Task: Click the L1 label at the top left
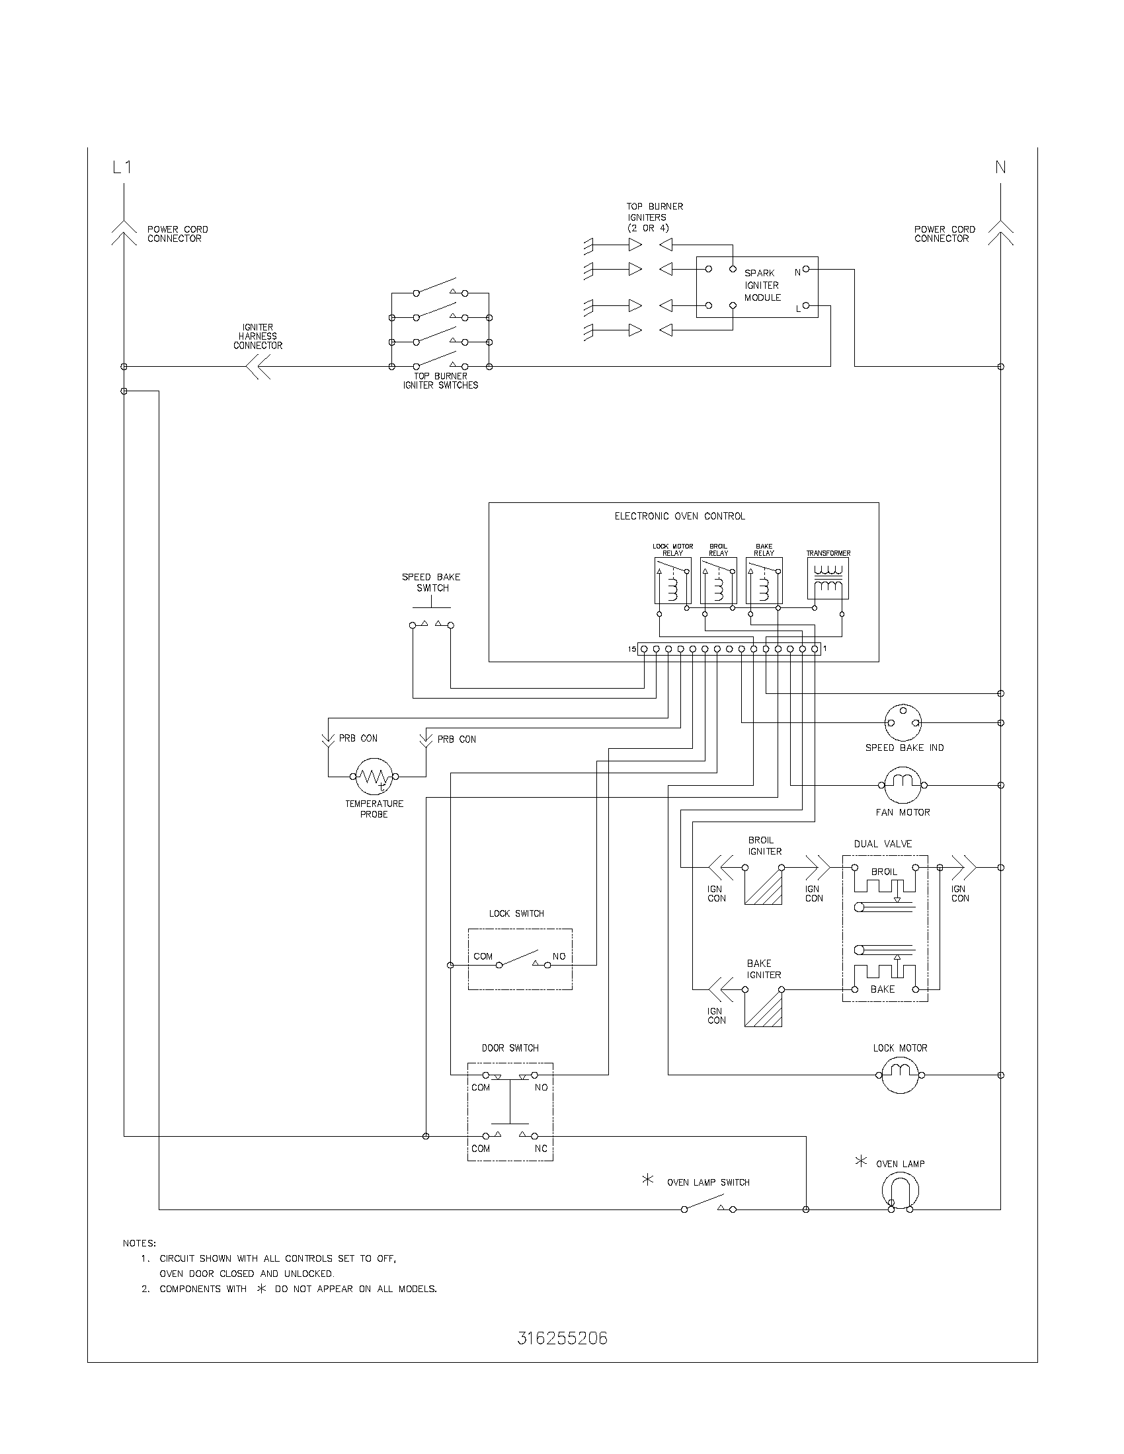[x=122, y=168]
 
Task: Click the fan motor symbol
[x=903, y=785]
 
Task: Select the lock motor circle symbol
[x=900, y=1075]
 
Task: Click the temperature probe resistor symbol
[x=374, y=776]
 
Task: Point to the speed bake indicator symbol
[x=903, y=722]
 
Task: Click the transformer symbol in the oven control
[x=828, y=579]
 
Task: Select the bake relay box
[x=764, y=580]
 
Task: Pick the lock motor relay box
[x=672, y=580]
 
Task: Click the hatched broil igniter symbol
[x=763, y=886]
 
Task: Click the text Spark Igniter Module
[x=762, y=286]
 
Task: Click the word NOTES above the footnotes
[x=139, y=1243]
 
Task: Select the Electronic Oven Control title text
[x=679, y=516]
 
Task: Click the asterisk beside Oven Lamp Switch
[x=647, y=1180]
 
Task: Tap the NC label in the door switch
[x=541, y=1149]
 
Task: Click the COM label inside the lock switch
[x=483, y=957]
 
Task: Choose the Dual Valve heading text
[x=882, y=843]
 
